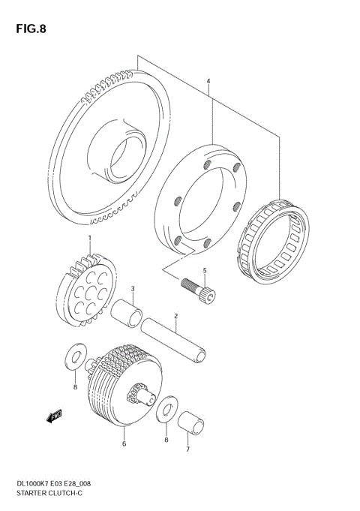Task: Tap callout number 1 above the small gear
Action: point(89,238)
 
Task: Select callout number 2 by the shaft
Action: point(133,287)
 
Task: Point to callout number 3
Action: point(209,81)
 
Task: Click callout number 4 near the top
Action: point(203,271)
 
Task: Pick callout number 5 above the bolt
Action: point(124,443)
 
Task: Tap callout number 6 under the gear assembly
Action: point(187,449)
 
